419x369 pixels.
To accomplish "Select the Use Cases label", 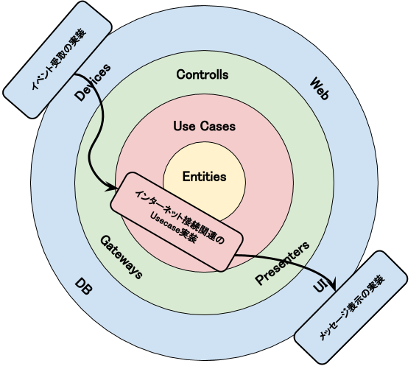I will click(204, 126).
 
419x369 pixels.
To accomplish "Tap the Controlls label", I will click(203, 75).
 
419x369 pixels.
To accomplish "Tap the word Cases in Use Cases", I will click(220, 126).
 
